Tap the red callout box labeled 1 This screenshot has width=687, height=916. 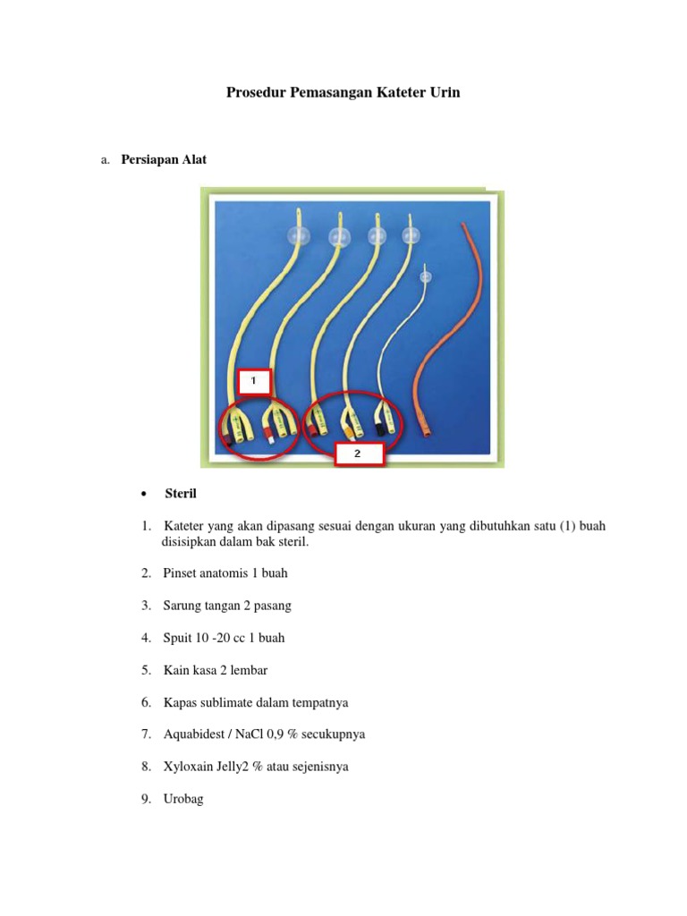click(x=253, y=381)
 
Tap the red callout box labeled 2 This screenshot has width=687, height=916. click(x=359, y=454)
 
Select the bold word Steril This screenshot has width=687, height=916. click(x=180, y=494)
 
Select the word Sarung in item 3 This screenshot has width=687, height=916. click(x=183, y=606)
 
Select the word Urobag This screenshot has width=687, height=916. click(x=183, y=799)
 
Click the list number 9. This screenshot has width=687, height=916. click(x=145, y=799)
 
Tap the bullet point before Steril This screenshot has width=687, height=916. click(x=143, y=495)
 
